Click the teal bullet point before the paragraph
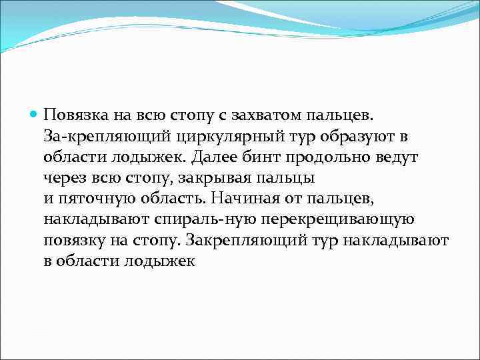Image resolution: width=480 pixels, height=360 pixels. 35,115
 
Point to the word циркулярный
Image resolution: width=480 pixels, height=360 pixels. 193,137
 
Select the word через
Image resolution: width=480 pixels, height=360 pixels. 65,178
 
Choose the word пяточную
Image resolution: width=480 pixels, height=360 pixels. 97,199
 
